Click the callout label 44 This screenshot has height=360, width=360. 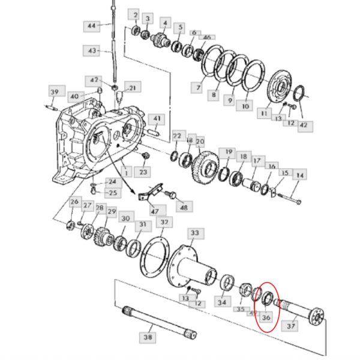click(91, 26)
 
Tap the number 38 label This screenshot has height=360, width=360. click(148, 338)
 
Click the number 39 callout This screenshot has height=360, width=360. click(54, 91)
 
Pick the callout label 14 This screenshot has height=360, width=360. click(299, 176)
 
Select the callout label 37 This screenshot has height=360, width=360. click(292, 326)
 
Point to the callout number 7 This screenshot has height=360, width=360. click(197, 88)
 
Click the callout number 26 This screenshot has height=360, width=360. click(74, 203)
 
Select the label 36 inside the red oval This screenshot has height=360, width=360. click(267, 317)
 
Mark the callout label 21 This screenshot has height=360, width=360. click(131, 88)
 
